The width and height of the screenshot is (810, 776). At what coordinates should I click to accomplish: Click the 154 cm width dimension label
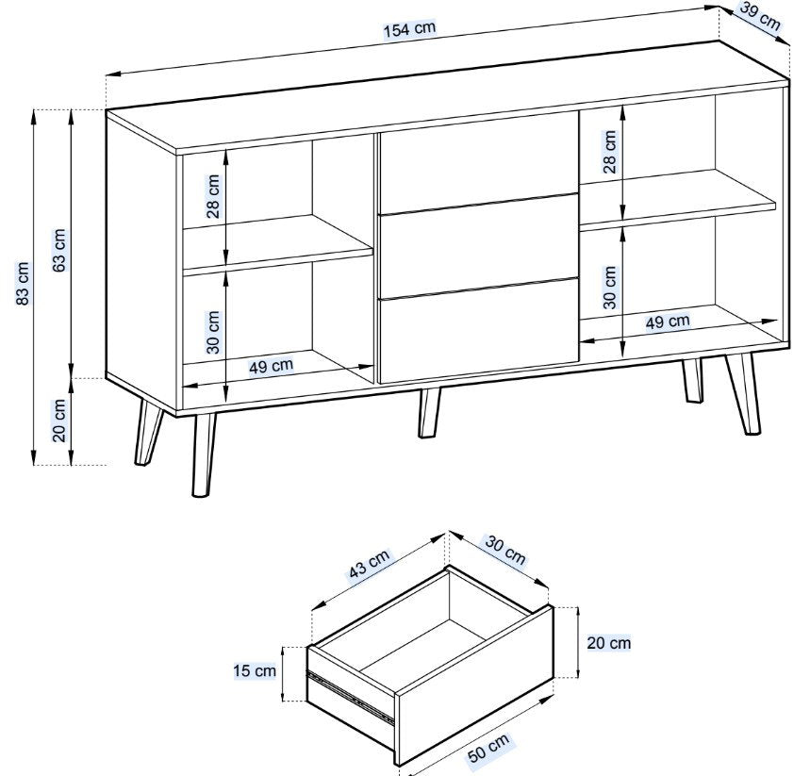(409, 29)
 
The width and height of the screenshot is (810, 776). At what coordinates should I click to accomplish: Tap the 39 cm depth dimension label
(760, 17)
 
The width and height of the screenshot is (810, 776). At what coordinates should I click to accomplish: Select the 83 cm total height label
(24, 284)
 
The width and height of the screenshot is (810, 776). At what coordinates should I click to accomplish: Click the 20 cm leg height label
(59, 420)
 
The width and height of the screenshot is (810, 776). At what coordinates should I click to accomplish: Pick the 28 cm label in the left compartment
(213, 196)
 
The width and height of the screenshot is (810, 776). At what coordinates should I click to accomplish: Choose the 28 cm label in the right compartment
(610, 152)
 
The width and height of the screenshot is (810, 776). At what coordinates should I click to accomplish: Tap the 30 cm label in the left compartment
(213, 332)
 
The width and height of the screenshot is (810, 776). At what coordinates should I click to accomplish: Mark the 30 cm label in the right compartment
(610, 288)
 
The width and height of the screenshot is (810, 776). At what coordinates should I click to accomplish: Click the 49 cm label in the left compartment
(272, 366)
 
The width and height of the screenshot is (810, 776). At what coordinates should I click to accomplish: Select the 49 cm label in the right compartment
(668, 322)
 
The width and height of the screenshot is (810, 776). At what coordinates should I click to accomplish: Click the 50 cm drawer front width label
(488, 748)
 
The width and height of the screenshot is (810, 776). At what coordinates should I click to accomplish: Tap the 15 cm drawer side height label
(255, 671)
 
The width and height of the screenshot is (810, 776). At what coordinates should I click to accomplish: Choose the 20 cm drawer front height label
(609, 643)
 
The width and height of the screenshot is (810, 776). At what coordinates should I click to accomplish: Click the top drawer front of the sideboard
(479, 163)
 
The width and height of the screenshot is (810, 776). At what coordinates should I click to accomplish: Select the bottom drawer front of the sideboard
(479, 332)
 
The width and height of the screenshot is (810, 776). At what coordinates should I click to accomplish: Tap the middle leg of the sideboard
(429, 413)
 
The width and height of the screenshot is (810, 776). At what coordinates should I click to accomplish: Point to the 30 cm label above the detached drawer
(504, 551)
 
